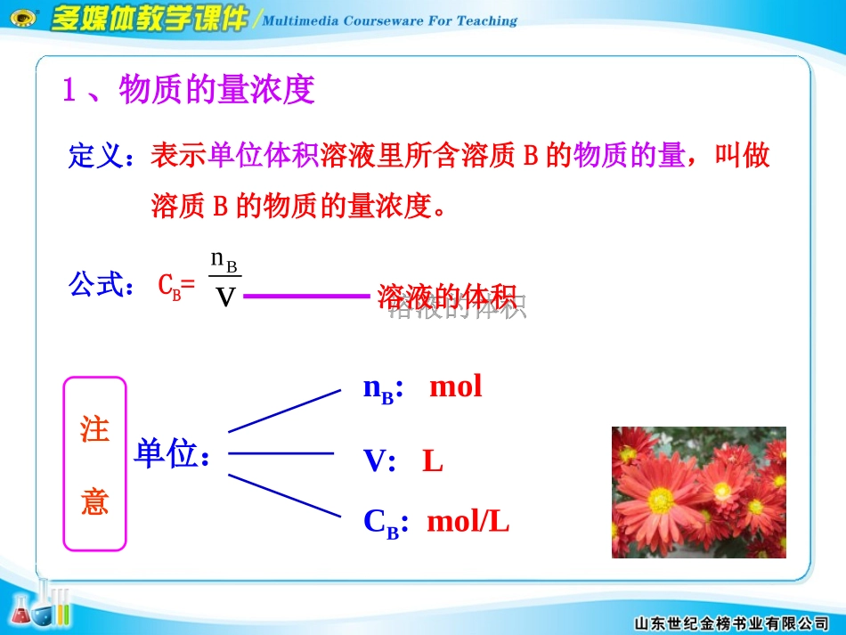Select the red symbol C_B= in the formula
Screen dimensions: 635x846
pos(175,287)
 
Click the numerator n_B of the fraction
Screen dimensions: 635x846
pos(224,260)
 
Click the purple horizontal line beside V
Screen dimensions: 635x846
pos(305,297)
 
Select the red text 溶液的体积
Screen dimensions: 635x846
pos(447,297)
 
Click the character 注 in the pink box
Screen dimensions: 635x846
pos(94,429)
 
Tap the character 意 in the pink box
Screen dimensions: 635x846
pos(94,501)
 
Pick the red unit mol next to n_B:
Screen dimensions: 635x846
pos(455,387)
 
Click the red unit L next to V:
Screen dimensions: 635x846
pos(432,461)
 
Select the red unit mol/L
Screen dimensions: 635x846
pos(468,522)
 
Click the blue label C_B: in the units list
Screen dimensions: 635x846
pos(386,523)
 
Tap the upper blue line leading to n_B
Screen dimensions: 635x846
pos(285,410)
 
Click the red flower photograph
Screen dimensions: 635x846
pos(698,492)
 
